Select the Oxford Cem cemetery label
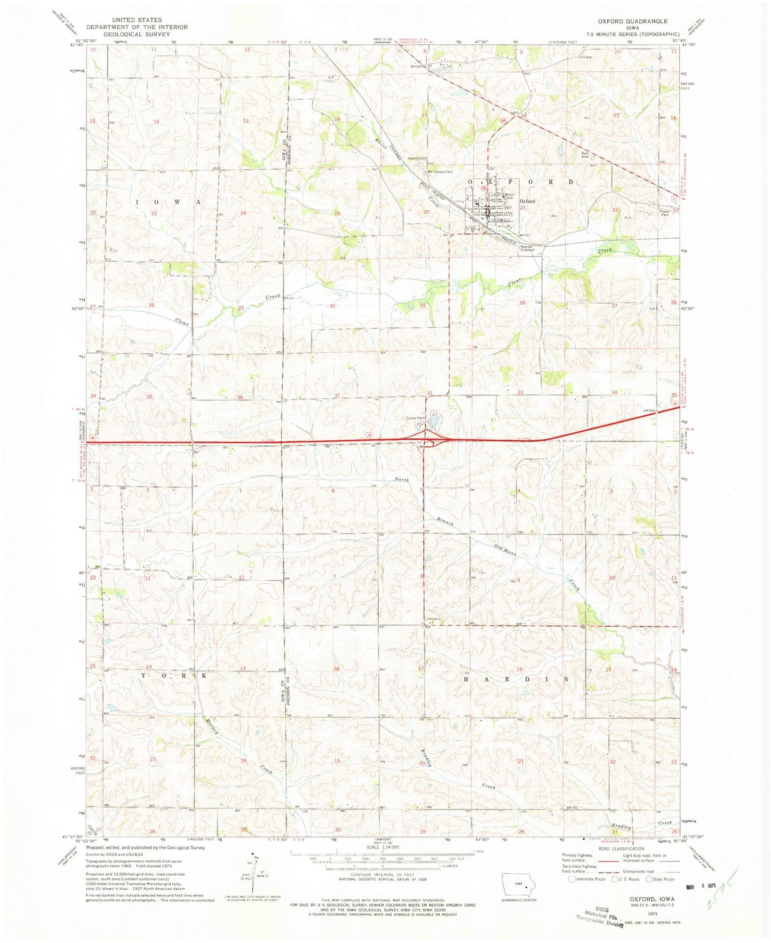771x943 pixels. point(417,158)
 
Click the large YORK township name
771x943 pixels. point(173,675)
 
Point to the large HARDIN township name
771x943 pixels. point(517,679)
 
